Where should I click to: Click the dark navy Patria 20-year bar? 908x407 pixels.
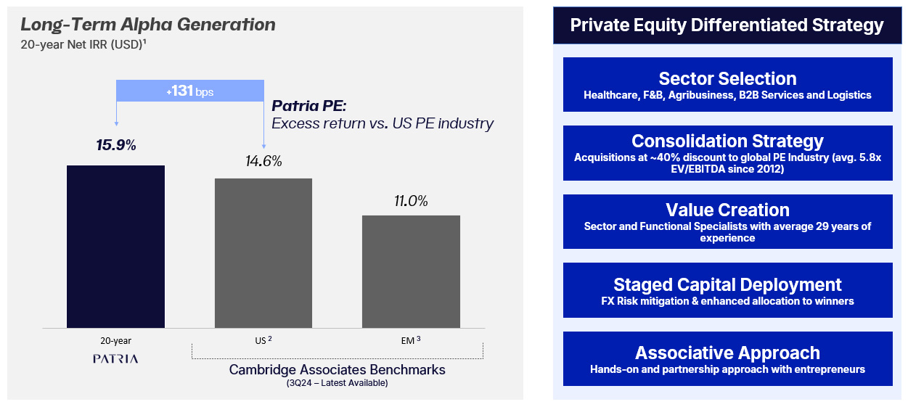[115, 247]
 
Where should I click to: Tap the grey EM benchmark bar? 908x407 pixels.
[411, 271]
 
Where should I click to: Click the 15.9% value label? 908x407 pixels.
[116, 145]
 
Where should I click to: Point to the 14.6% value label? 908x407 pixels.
[263, 161]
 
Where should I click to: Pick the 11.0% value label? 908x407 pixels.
[411, 201]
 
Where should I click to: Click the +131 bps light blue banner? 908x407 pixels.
[189, 91]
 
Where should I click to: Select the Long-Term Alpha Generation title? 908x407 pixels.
[148, 25]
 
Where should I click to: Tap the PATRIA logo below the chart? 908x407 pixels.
[115, 358]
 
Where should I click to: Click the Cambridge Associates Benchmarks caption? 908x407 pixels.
[337, 369]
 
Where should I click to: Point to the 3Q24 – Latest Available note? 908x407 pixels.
[337, 383]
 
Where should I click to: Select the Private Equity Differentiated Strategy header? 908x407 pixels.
[727, 25]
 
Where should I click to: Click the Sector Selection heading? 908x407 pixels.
[727, 78]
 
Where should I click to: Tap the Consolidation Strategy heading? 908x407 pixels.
[727, 141]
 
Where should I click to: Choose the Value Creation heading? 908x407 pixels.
[727, 210]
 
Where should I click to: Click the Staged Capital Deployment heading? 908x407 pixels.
[727, 284]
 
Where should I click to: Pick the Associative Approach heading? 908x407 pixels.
[727, 353]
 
